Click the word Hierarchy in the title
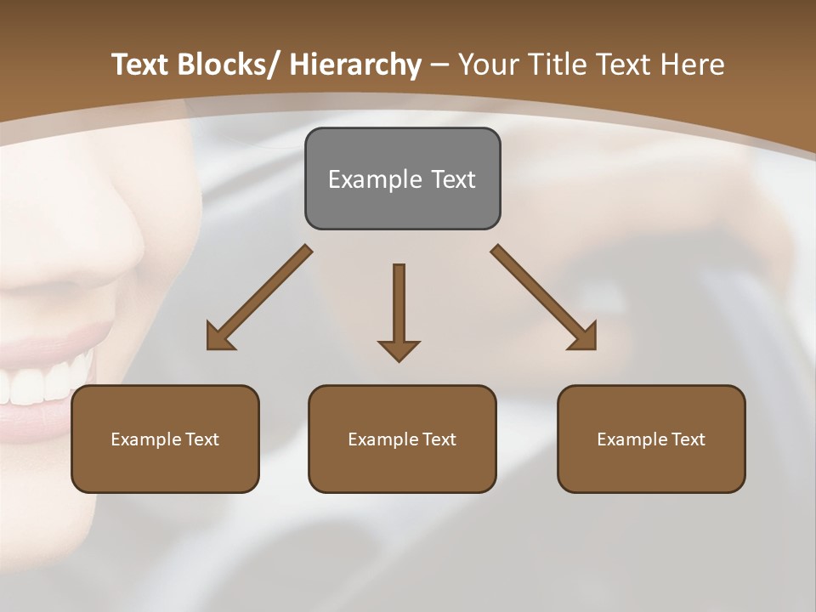point(355,65)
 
